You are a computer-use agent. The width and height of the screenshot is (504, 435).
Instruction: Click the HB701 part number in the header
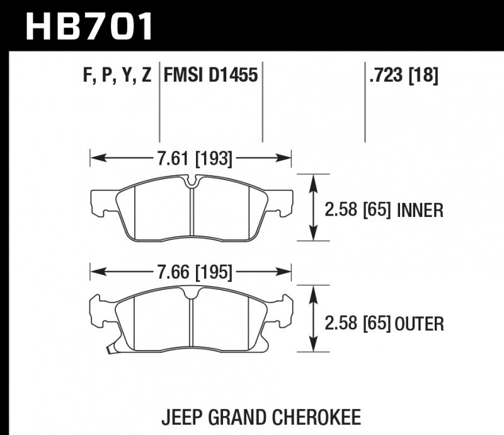point(89,26)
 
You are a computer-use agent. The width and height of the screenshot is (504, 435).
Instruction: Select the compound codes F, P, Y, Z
point(117,77)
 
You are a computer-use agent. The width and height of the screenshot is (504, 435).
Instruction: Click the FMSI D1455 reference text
point(210,77)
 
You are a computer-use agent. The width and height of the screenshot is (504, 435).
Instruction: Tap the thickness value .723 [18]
point(401,77)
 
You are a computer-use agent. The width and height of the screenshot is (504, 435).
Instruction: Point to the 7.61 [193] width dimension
point(192,159)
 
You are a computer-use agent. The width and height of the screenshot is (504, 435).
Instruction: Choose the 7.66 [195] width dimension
point(192,272)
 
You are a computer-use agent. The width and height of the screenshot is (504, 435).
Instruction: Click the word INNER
point(420,211)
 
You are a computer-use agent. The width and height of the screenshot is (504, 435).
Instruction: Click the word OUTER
point(420,324)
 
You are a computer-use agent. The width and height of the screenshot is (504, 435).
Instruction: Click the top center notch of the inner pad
point(192,183)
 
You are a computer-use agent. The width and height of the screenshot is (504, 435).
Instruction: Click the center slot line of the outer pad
point(192,322)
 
